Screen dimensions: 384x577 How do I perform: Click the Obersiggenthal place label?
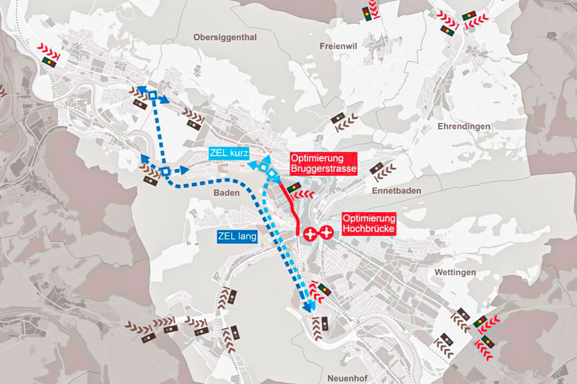click(225, 37)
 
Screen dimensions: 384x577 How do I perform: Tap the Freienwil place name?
click(338, 46)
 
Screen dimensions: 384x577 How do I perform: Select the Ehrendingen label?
click(463, 126)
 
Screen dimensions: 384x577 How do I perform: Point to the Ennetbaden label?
click(396, 191)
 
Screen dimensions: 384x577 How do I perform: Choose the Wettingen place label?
click(455, 272)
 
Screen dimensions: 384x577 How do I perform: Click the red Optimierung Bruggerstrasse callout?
click(323, 164)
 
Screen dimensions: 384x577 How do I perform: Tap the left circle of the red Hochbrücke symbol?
click(310, 233)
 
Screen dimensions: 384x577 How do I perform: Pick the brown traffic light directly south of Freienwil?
click(338, 118)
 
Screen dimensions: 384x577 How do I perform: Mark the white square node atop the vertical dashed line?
click(153, 95)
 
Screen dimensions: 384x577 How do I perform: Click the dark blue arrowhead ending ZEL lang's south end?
click(308, 308)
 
